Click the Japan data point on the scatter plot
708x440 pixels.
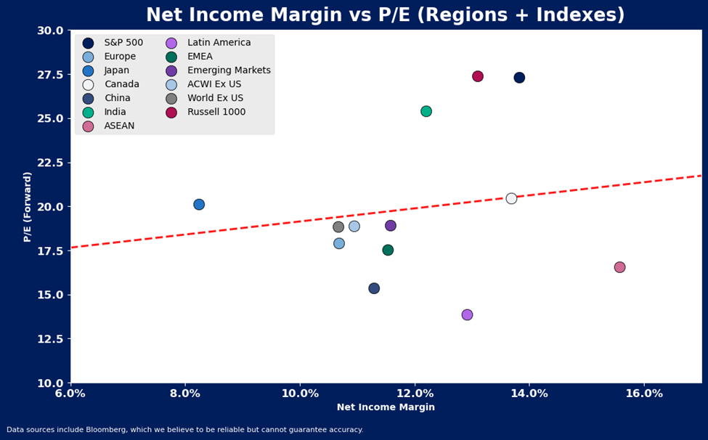[199, 205]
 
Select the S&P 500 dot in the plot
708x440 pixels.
[519, 78]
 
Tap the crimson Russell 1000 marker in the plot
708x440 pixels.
[478, 76]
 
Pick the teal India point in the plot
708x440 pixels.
[426, 111]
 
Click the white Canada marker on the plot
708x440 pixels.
[511, 198]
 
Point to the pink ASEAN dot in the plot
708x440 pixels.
[619, 267]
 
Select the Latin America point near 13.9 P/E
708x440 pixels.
[467, 314]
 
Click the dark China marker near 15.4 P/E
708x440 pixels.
[374, 288]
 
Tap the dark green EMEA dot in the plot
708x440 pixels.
[388, 250]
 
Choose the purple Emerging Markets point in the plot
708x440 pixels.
[391, 226]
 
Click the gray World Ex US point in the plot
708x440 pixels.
[338, 227]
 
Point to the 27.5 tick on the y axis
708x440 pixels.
[50, 75]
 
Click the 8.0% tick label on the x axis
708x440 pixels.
[185, 394]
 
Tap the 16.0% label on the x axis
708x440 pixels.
[644, 394]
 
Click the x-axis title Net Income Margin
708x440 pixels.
[386, 407]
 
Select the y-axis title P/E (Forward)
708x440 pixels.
[28, 206]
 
